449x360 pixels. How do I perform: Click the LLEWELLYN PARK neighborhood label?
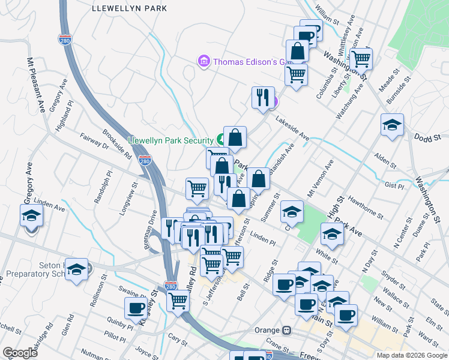pos(130,8)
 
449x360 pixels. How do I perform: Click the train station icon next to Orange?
pos(287,331)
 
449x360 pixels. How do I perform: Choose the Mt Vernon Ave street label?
pos(319,178)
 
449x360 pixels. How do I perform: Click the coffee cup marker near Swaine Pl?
pos(135,308)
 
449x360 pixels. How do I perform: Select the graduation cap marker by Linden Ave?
pos(31,215)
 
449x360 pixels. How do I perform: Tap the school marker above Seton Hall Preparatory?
pos(76,269)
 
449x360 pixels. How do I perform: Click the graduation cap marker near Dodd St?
pos(392,125)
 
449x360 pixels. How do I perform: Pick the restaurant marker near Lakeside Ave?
pos(262,98)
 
